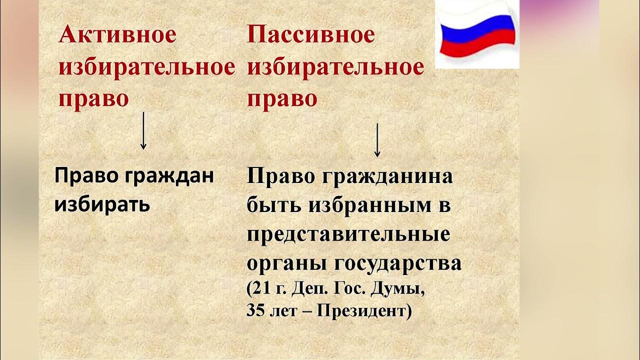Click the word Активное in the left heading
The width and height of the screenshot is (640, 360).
117,35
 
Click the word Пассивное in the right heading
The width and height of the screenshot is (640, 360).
310,35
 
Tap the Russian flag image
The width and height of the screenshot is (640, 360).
477,34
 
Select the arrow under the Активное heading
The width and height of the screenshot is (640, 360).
143,130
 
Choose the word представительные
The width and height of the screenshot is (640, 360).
348,234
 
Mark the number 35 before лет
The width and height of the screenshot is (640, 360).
255,311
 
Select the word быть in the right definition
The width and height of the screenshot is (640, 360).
273,205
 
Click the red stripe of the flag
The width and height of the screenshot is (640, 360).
477,47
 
